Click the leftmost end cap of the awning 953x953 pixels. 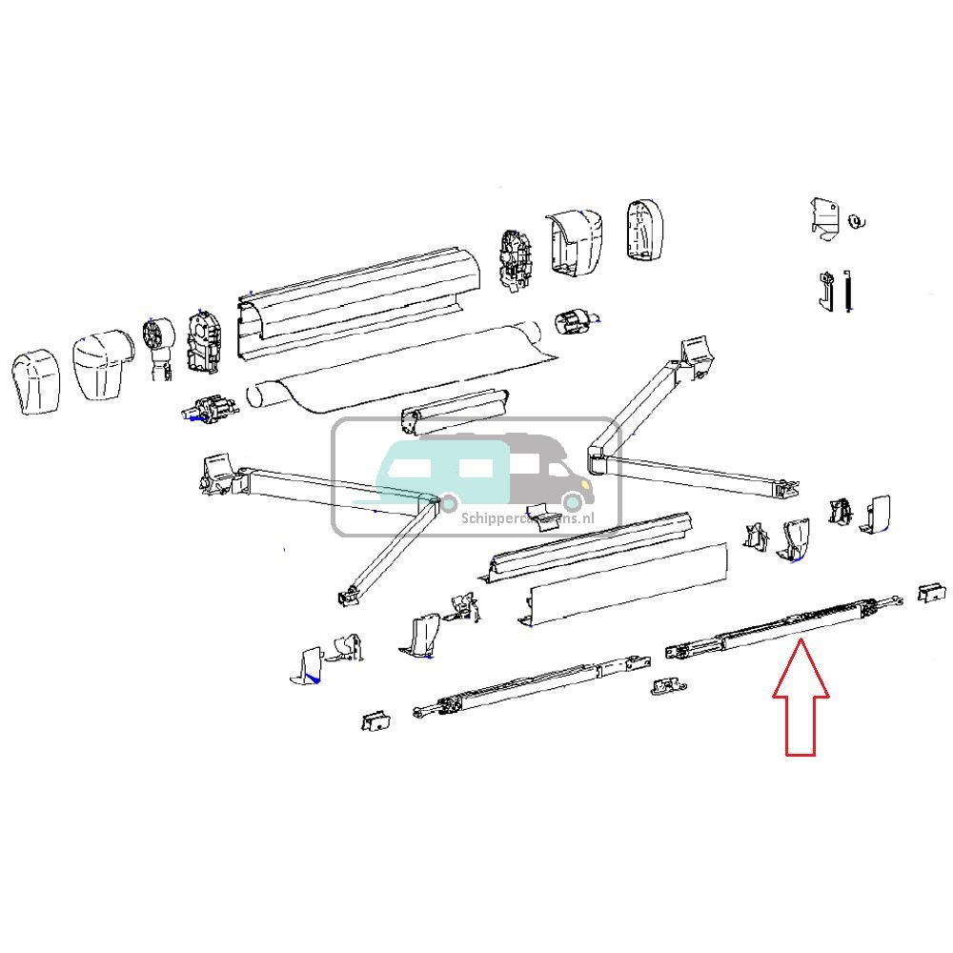coord(36,384)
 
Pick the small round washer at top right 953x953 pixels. coord(856,223)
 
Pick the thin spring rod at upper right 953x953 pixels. coord(847,291)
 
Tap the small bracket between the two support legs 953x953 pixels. coord(668,685)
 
